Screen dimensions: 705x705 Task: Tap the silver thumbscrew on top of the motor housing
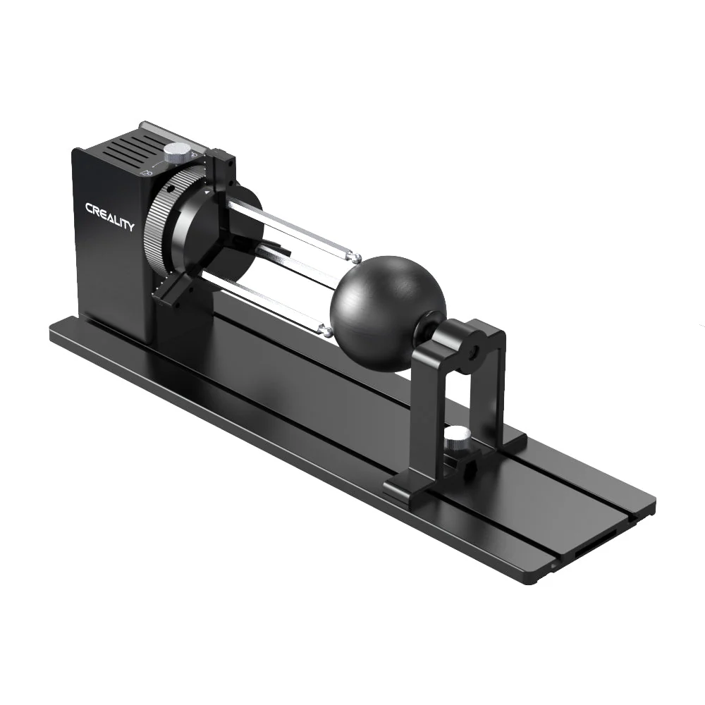(178, 151)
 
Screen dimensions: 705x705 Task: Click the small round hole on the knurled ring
(170, 190)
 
